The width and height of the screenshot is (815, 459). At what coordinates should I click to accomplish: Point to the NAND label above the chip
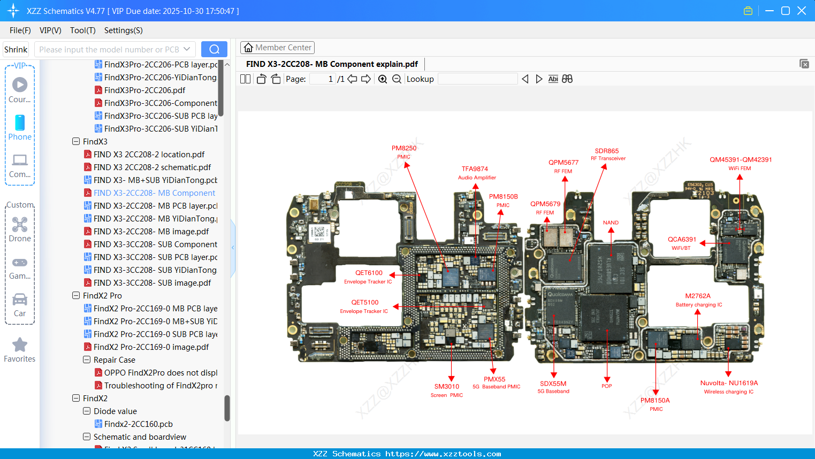[611, 223]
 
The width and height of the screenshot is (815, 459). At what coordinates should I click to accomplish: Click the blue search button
[214, 49]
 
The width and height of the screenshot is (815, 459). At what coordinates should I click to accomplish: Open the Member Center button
[277, 48]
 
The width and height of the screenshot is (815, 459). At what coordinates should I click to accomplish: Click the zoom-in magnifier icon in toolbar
[383, 79]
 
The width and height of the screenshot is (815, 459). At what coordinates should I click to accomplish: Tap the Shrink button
[16, 49]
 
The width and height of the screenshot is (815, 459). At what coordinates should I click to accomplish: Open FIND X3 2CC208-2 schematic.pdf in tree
[152, 167]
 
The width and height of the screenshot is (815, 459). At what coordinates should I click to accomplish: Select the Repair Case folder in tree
[115, 360]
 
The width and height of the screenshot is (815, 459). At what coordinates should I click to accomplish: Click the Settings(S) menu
[123, 30]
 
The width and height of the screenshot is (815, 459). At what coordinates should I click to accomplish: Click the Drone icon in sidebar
[20, 225]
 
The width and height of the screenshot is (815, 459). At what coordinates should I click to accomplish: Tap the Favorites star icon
[20, 345]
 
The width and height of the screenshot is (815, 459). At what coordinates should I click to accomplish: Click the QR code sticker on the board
[319, 232]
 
